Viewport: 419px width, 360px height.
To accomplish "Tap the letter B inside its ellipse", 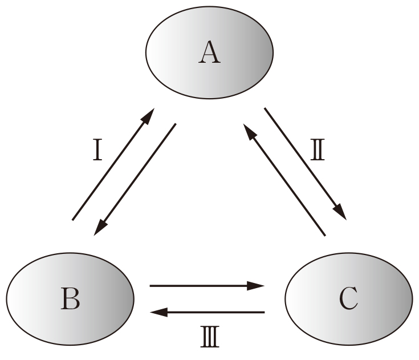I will click(71, 299).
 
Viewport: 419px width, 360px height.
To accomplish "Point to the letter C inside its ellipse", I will click(348, 299).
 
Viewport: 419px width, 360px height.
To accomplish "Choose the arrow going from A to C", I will click(305, 163).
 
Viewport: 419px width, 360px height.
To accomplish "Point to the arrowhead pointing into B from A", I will click(101, 226).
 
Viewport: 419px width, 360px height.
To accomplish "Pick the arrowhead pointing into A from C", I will click(249, 130).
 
